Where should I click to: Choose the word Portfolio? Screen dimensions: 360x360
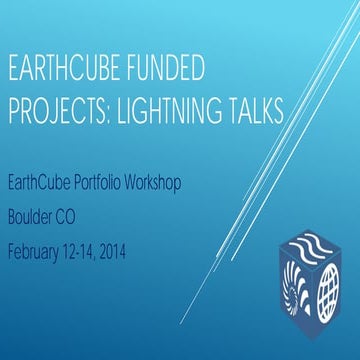point(102,189)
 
